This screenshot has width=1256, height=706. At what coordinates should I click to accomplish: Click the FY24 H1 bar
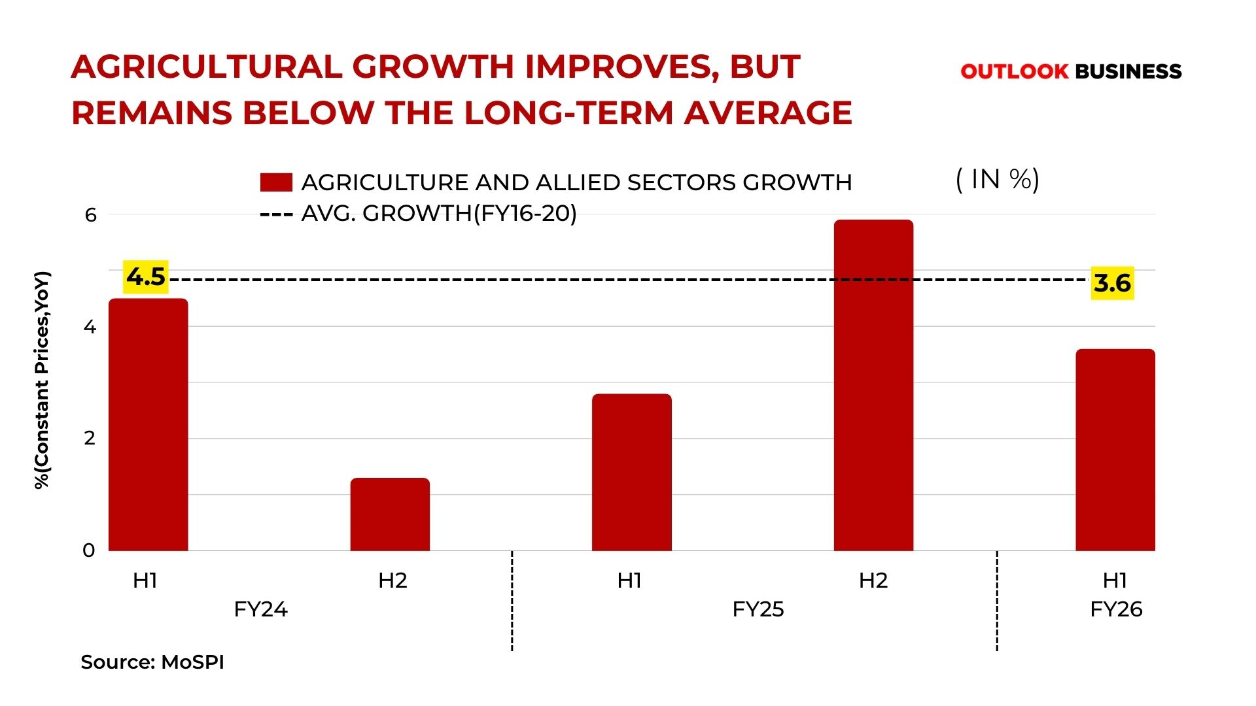148,425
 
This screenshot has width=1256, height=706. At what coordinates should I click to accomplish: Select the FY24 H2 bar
390,514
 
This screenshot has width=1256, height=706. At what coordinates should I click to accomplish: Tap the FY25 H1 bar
631,472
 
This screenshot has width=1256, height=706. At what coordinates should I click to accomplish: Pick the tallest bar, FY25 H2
873,386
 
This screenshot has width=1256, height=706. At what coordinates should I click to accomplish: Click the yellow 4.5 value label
146,277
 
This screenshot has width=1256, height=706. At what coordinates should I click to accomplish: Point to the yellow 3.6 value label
1112,283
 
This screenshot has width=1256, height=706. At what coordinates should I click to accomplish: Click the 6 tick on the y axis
90,214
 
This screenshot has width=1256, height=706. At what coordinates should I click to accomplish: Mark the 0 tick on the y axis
89,550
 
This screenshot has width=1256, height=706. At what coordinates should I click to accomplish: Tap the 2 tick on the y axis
90,438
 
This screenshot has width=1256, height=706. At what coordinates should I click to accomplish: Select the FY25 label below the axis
758,609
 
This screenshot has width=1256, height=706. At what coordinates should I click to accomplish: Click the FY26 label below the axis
1116,609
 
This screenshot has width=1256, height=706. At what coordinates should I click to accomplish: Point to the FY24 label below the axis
260,609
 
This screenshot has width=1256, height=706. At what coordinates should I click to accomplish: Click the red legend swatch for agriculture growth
276,182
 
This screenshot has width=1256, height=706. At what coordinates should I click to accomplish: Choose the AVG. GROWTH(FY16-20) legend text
438,213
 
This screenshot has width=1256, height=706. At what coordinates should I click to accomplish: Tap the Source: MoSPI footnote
152,662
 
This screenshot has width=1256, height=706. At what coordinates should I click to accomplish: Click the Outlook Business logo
1071,71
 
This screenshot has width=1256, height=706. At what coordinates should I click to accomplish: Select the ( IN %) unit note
998,179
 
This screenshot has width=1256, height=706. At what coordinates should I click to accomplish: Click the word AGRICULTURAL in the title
206,67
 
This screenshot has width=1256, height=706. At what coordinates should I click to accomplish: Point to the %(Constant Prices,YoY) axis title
42,380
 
